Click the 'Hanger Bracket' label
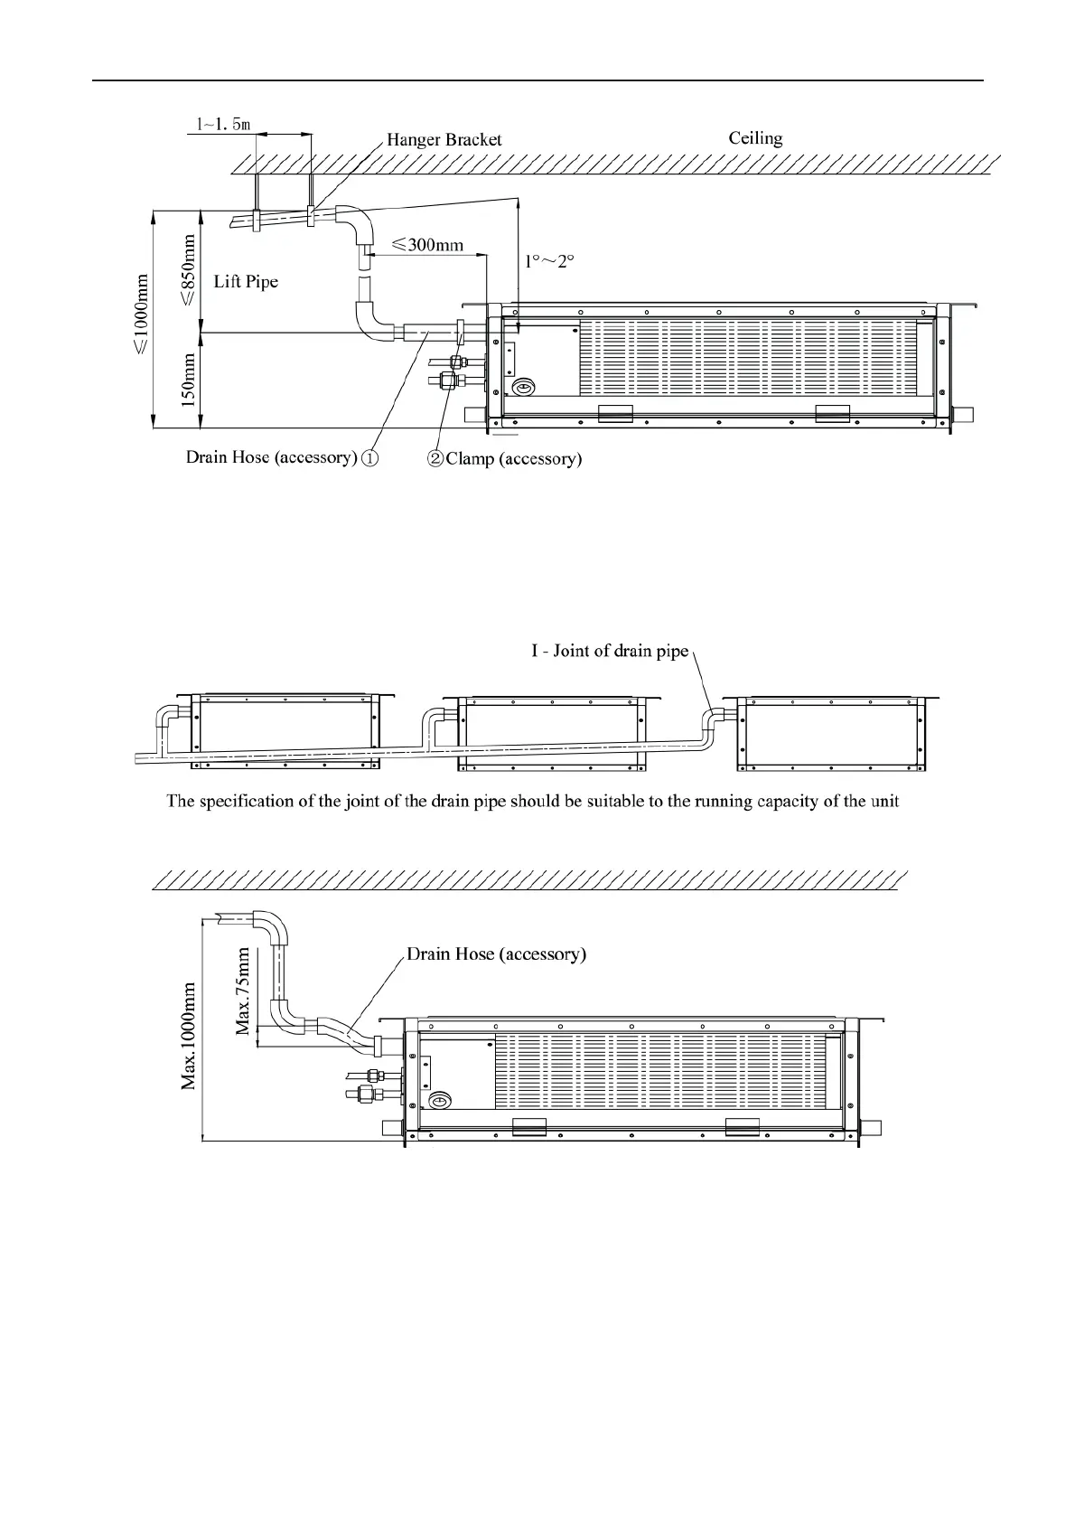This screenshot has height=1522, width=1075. [x=444, y=140]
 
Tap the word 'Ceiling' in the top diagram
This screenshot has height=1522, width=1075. [x=755, y=138]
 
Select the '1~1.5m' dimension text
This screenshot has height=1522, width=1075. [x=223, y=124]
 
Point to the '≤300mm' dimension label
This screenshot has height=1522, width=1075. [x=427, y=244]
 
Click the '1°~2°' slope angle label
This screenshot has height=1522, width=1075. [x=550, y=261]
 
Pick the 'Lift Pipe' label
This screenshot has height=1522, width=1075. [x=246, y=281]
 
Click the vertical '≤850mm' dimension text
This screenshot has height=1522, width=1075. [x=189, y=270]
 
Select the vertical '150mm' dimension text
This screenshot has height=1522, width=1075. [x=189, y=380]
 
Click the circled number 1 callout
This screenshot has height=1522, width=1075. [x=369, y=458]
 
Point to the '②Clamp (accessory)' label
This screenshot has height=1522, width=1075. [x=504, y=459]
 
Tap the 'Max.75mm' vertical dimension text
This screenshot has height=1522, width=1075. [x=243, y=991]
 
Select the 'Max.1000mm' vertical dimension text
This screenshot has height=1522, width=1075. [x=189, y=1036]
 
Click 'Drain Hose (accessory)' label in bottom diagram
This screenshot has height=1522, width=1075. [x=496, y=954]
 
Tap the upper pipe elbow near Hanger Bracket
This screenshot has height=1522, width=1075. [x=361, y=222]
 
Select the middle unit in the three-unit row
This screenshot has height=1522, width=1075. [x=553, y=734]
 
